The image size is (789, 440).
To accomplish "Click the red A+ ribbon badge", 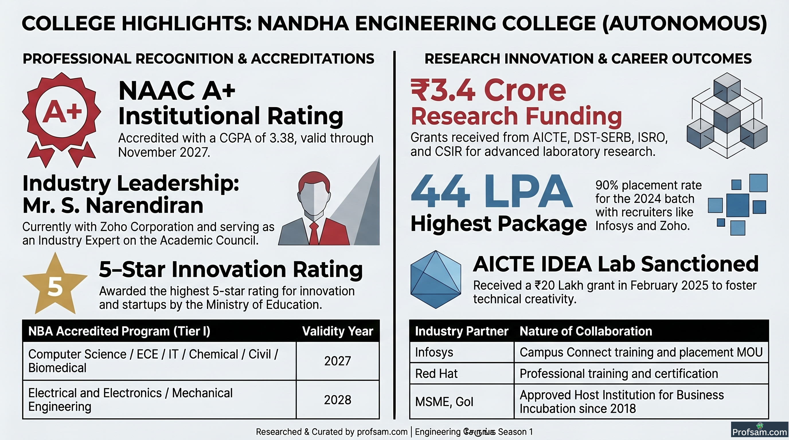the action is click(62, 119).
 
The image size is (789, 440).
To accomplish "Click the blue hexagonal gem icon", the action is click(435, 279).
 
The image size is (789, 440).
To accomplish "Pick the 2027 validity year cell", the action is click(337, 361).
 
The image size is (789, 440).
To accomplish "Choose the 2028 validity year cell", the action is click(337, 400).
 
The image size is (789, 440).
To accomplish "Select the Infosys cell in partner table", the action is click(462, 352).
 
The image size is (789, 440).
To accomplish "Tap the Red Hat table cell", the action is click(462, 374).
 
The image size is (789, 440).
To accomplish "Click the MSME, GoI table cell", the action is click(462, 401).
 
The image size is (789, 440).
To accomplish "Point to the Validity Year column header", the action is click(337, 331).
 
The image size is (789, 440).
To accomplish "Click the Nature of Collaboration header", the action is click(586, 331).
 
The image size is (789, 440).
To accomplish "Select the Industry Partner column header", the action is click(462, 331).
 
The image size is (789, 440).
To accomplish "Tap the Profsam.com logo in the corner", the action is click(759, 430).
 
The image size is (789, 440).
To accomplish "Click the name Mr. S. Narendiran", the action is click(113, 205).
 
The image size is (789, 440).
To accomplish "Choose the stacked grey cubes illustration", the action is click(727, 115).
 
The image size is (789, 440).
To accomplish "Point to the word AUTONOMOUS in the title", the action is click(685, 23).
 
